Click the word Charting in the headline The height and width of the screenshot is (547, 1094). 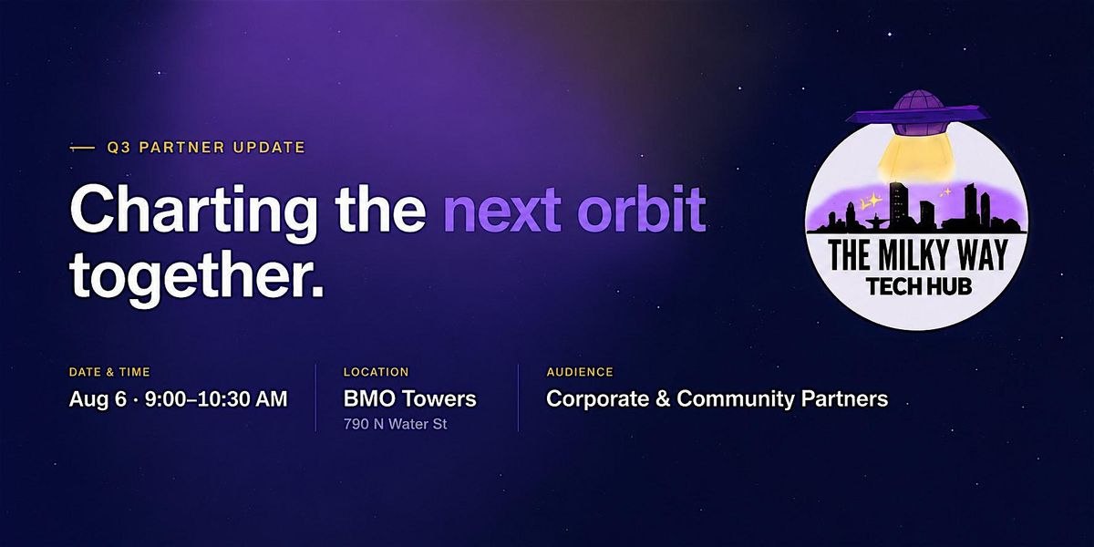(193, 212)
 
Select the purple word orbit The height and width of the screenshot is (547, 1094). (641, 208)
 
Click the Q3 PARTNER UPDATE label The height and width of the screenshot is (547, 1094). (206, 147)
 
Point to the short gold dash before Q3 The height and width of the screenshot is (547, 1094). (83, 148)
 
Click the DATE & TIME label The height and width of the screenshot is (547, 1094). (109, 372)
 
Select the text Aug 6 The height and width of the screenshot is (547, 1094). (98, 399)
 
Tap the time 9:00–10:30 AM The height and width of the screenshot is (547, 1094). (216, 399)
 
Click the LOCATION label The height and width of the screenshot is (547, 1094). (376, 372)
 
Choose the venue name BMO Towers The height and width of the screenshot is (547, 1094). (409, 398)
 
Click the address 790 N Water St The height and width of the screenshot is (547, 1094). (395, 424)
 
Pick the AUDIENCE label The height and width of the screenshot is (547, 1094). (580, 372)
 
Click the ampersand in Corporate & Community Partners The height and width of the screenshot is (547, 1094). (663, 399)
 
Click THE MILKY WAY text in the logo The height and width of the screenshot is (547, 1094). (918, 255)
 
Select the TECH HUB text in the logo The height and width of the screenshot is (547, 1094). (919, 286)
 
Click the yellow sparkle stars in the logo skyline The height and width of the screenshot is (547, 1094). (870, 201)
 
